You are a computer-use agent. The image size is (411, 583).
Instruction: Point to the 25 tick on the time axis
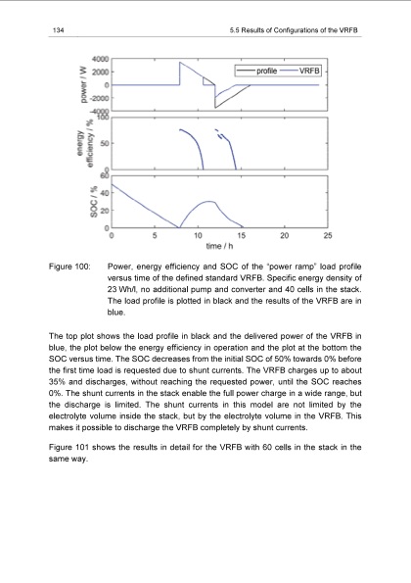tap(328, 235)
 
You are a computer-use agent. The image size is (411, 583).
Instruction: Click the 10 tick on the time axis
tap(199, 235)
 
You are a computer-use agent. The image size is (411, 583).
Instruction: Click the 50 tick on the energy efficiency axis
tap(104, 144)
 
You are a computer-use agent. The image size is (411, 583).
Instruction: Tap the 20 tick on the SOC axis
tap(104, 210)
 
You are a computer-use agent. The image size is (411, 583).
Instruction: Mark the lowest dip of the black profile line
tap(215, 106)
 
